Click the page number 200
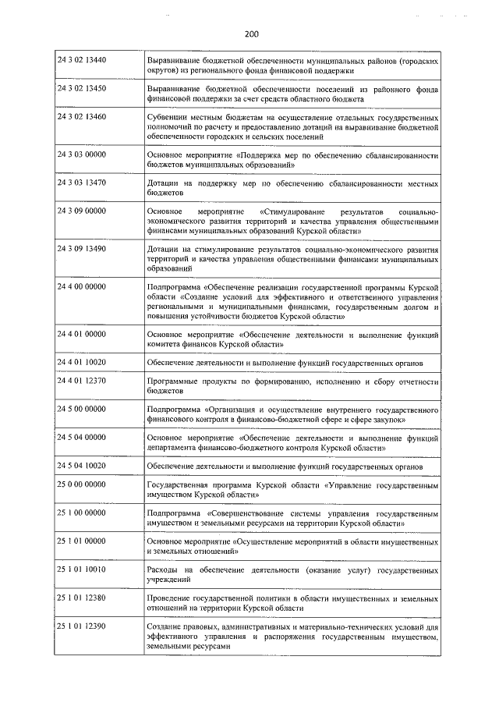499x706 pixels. click(x=249, y=34)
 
